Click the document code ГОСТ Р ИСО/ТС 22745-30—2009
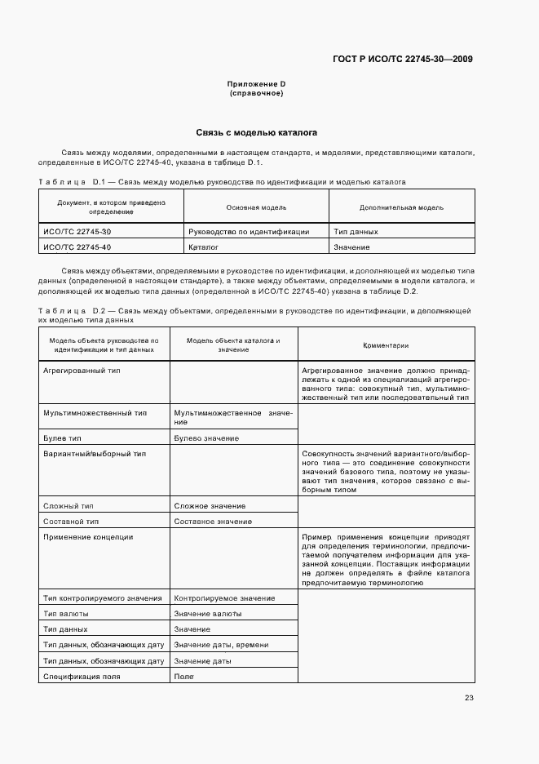[x=403, y=59]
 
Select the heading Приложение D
[x=256, y=84]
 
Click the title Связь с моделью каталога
[x=256, y=132]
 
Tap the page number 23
[x=469, y=697]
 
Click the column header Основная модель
[x=256, y=207]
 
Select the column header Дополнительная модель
[x=401, y=207]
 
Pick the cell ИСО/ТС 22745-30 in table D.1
[x=77, y=231]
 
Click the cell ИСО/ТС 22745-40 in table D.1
[x=77, y=247]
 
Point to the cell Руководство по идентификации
[x=249, y=231]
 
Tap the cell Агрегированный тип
[x=82, y=370]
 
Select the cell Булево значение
[x=206, y=438]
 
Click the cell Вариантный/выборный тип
[x=95, y=453]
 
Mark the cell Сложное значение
[x=210, y=506]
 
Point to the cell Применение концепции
[x=88, y=536]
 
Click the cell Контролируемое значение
[x=224, y=598]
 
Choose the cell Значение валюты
[x=207, y=614]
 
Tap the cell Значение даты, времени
[x=221, y=645]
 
